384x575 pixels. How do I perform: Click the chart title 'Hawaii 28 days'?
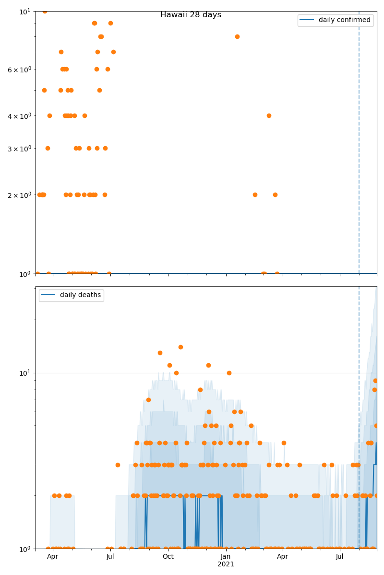click(191, 15)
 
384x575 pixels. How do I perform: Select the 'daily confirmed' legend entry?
click(344, 20)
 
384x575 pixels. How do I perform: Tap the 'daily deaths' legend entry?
click(80, 295)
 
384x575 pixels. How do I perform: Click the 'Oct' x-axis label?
click(168, 557)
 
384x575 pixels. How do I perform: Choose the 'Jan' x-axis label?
click(226, 557)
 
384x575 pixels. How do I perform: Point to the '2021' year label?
click(226, 564)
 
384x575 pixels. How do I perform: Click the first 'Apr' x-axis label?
click(52, 557)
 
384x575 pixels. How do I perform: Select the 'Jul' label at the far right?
click(340, 557)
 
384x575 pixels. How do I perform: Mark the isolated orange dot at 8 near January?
click(237, 36)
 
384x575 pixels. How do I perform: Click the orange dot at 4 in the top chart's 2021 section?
click(269, 115)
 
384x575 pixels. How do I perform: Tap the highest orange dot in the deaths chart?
click(180, 347)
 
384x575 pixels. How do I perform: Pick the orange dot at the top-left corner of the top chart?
click(45, 11)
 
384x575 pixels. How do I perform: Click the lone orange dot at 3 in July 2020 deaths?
click(118, 465)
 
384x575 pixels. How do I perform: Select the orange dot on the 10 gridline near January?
click(229, 373)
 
